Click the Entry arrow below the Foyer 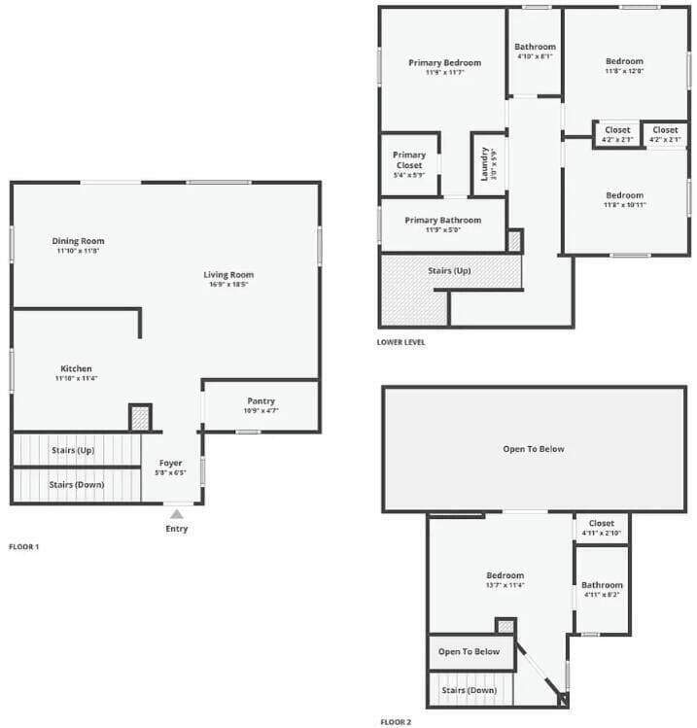tap(176, 513)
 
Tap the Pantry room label tap(261, 400)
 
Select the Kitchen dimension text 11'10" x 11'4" tap(77, 378)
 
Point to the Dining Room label tap(79, 241)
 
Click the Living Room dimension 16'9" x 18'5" tap(228, 285)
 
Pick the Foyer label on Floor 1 tap(170, 464)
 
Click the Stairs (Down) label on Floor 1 tap(77, 484)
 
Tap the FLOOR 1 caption tap(23, 547)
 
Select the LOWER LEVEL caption tap(401, 342)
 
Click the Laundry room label tap(482, 163)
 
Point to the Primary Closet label tap(409, 160)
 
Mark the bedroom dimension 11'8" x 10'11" tap(624, 205)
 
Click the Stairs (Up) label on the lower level tap(449, 270)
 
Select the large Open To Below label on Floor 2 tap(533, 449)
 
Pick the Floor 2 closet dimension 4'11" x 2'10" tap(601, 533)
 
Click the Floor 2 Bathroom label tap(602, 585)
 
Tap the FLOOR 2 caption tap(396, 723)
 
